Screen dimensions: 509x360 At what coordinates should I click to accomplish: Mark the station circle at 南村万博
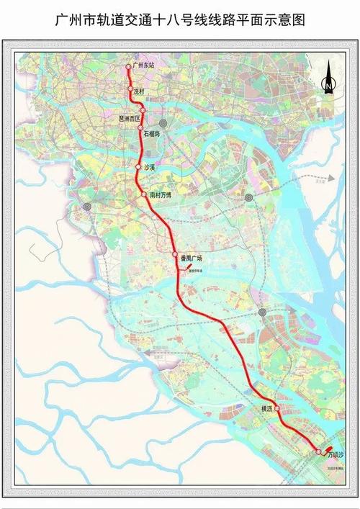144,195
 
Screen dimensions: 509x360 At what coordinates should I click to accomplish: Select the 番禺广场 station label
192,257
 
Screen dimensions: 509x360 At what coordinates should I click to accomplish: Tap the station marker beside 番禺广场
174,256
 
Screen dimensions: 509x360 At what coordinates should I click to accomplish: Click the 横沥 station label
267,408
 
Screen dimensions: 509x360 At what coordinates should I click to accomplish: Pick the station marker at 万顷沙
318,451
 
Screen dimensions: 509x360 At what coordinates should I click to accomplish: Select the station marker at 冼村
131,90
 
